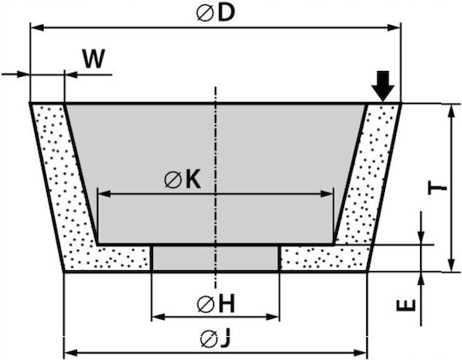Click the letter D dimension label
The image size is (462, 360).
[226, 14]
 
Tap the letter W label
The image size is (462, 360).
[93, 59]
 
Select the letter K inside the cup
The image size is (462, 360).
[193, 179]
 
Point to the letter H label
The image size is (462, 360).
[227, 304]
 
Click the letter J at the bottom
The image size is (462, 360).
[224, 339]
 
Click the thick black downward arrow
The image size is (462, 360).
[382, 86]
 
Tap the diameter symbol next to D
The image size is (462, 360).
[204, 14]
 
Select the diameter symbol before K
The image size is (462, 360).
[173, 180]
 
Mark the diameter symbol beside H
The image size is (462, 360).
[205, 304]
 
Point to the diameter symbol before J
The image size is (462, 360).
[209, 339]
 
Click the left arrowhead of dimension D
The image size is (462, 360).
[38, 28]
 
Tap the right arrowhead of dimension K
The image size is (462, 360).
[327, 194]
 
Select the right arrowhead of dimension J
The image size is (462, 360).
[360, 352]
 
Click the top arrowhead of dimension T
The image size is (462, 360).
[451, 111]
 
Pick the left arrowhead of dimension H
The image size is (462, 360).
[158, 317]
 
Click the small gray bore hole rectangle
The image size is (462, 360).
[216, 258]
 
